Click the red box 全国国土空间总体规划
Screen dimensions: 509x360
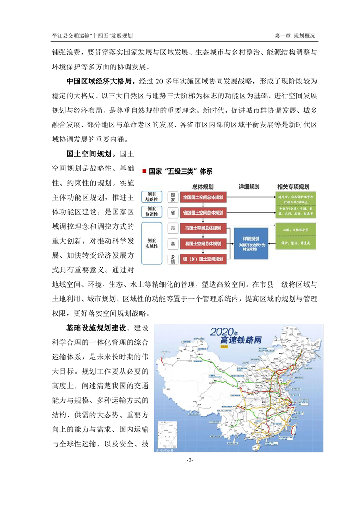[203, 197]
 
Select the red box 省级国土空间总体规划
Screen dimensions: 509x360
[203, 212]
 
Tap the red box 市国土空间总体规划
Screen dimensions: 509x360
[203, 228]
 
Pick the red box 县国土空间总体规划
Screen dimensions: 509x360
[203, 244]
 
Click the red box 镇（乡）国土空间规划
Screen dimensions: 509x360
[203, 259]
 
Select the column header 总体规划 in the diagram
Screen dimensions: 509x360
[203, 186]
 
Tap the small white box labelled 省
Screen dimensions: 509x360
[173, 212]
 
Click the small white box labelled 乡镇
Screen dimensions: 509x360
[173, 259]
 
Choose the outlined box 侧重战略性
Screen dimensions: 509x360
[152, 197]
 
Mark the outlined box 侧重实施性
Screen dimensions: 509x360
[152, 243]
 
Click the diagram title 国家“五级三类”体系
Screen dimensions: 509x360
[180, 171]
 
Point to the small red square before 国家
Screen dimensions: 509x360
[144, 171]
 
